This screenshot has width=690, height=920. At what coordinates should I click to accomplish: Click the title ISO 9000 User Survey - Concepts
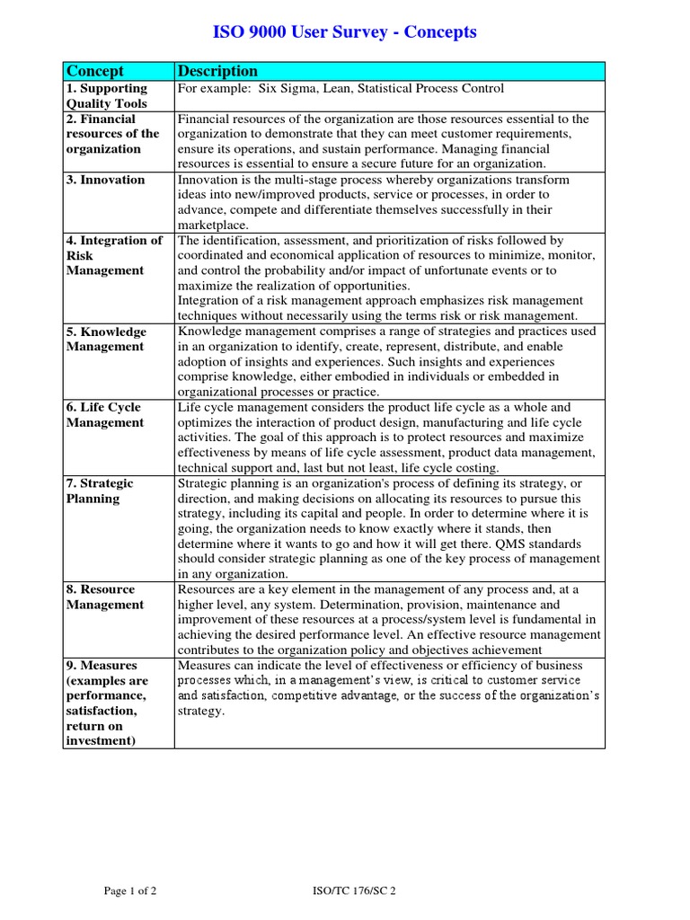pos(344,32)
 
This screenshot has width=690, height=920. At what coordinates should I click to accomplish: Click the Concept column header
pos(95,71)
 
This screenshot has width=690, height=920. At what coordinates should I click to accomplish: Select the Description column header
pos(217,71)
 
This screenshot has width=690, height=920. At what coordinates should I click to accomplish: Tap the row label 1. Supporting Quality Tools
pos(107,96)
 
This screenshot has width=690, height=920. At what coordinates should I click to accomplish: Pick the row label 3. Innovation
pos(105,180)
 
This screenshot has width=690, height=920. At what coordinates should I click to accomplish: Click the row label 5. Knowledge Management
pos(106,339)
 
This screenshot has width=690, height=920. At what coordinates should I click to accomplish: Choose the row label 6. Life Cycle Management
pos(105,415)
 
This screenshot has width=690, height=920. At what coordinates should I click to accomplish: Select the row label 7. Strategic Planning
pos(100,491)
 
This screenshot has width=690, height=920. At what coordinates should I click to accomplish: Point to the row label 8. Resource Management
pos(105,597)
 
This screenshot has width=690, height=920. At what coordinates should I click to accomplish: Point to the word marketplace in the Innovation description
pos(212,225)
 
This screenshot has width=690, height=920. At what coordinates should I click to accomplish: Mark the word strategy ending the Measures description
pos(199,711)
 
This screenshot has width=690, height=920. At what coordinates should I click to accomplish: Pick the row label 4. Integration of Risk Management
pos(114,255)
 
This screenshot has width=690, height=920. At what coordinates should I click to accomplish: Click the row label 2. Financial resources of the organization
pos(112,134)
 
